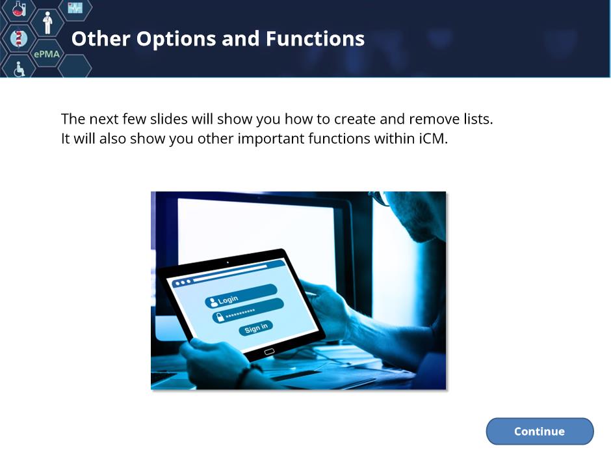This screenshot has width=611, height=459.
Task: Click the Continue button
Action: pos(539,431)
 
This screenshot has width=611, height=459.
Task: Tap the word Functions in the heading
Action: pos(315,38)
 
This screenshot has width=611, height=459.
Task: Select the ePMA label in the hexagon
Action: pos(47,54)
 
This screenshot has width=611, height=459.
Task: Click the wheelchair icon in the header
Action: pos(19,69)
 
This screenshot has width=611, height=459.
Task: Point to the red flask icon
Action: pos(19,8)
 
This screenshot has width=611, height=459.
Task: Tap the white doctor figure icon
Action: pos(47,23)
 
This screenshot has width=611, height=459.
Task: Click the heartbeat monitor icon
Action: pos(75,7)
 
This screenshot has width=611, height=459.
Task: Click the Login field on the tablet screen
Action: pos(241,296)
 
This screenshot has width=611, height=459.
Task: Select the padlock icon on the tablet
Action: pos(220,317)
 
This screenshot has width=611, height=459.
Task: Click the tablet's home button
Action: pos(269,352)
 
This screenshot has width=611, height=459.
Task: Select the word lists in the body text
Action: pos(478,119)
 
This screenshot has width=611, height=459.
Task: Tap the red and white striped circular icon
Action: pos(18,38)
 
